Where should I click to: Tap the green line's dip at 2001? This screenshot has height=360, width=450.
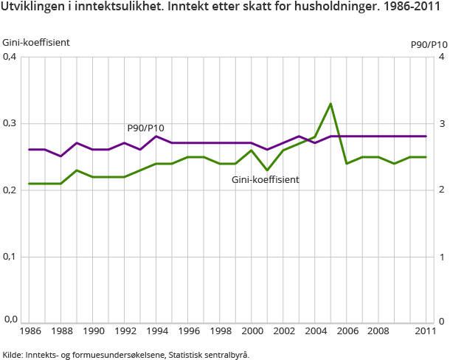point(268,170)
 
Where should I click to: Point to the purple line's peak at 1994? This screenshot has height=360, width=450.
point(156,136)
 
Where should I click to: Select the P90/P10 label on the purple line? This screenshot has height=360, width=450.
point(145,128)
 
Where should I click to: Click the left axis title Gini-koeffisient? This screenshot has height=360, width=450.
point(36,42)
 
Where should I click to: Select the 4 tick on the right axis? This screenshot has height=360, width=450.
point(440,57)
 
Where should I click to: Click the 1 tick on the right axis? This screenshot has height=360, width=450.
point(440,257)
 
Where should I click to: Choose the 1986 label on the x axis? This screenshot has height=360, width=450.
point(30,332)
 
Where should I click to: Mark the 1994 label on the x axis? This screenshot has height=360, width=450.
point(156,332)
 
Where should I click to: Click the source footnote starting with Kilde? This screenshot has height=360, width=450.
point(126,355)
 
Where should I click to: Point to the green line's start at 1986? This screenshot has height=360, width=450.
point(30,184)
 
